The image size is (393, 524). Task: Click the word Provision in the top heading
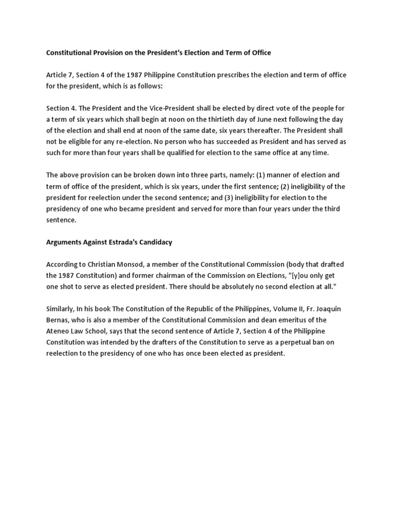pyautogui.click(x=106, y=53)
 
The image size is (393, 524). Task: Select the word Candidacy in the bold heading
pyautogui.click(x=155, y=242)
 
